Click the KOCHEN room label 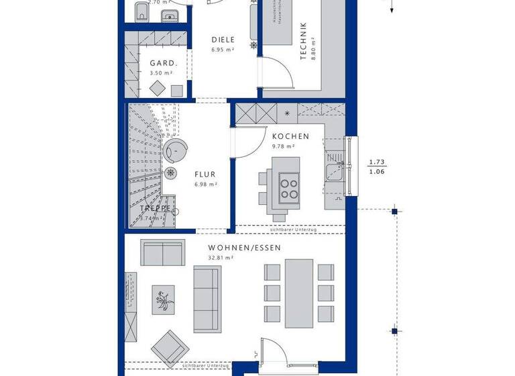[290, 136]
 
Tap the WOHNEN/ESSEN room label [244, 247]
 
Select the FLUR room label [205, 173]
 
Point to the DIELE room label [223, 40]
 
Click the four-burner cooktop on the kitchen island [289, 186]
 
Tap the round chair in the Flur [177, 152]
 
